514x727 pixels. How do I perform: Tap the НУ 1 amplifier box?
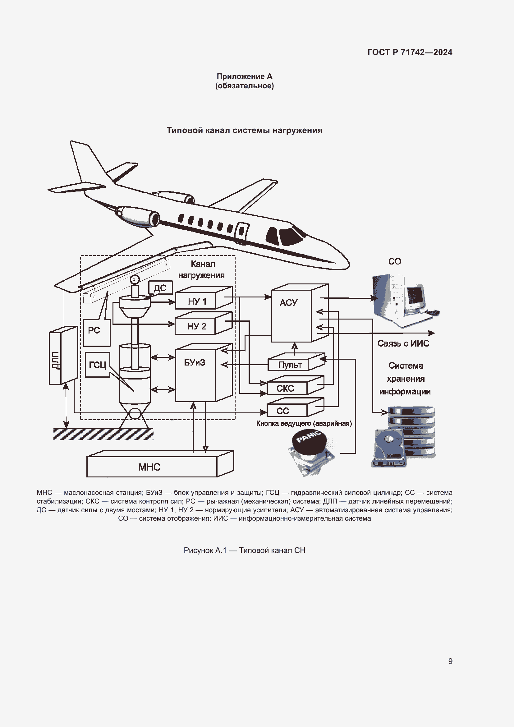click(196, 301)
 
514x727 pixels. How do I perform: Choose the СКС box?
click(287, 388)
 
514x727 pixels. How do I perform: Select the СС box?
click(287, 411)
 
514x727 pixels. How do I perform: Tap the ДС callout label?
click(160, 288)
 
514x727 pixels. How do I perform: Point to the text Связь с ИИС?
click(403, 343)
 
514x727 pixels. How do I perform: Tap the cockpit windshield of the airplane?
click(290, 236)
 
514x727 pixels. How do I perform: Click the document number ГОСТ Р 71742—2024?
click(410, 52)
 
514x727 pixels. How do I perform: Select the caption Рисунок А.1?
click(244, 550)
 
